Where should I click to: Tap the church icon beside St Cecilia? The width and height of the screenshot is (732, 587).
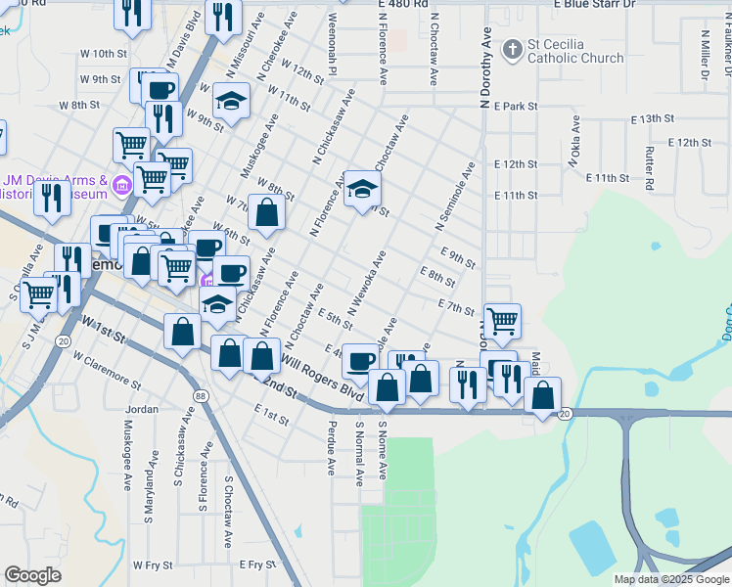click(511, 49)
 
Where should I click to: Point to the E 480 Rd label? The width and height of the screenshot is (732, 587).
click(403, 5)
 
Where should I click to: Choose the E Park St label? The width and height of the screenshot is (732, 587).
click(517, 106)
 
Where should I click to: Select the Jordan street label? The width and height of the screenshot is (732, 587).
click(143, 409)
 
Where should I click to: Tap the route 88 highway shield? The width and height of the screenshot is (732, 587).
click(200, 395)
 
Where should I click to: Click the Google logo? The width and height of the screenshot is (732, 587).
click(32, 575)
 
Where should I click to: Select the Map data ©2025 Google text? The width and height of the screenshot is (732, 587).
click(671, 579)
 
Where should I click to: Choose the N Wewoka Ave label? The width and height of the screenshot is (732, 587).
click(367, 283)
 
